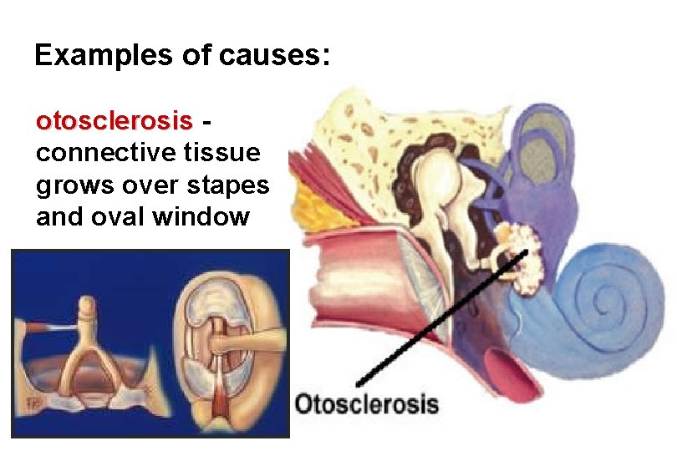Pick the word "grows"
[72, 185]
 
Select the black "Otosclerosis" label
[366, 405]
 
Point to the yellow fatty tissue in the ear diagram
[317, 205]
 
